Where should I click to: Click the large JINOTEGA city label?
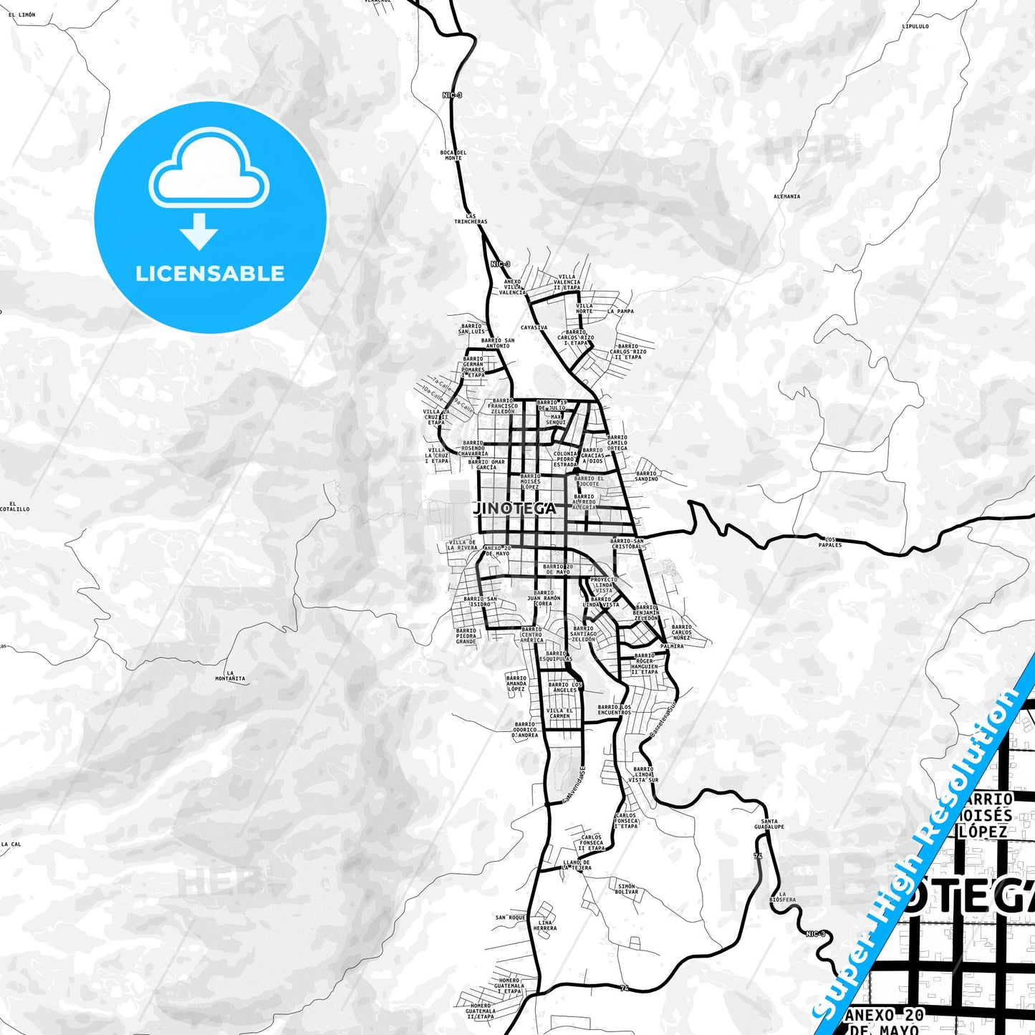(514, 508)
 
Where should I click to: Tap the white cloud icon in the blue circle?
(208, 172)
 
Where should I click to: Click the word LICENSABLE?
(210, 273)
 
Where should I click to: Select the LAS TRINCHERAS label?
(471, 218)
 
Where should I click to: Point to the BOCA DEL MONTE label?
(453, 155)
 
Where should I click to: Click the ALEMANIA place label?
(786, 196)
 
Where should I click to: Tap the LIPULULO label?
(915, 27)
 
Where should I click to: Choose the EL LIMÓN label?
(22, 14)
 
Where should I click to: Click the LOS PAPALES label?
(830, 541)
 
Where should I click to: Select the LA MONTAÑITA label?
(230, 675)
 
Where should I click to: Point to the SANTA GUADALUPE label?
(769, 824)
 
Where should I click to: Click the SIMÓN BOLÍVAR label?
(627, 889)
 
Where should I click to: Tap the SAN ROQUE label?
(511, 918)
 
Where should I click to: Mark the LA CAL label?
(11, 844)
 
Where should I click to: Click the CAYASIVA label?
(534, 327)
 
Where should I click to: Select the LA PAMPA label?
(620, 312)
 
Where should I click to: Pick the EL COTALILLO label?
(14, 506)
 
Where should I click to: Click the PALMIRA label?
(672, 646)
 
